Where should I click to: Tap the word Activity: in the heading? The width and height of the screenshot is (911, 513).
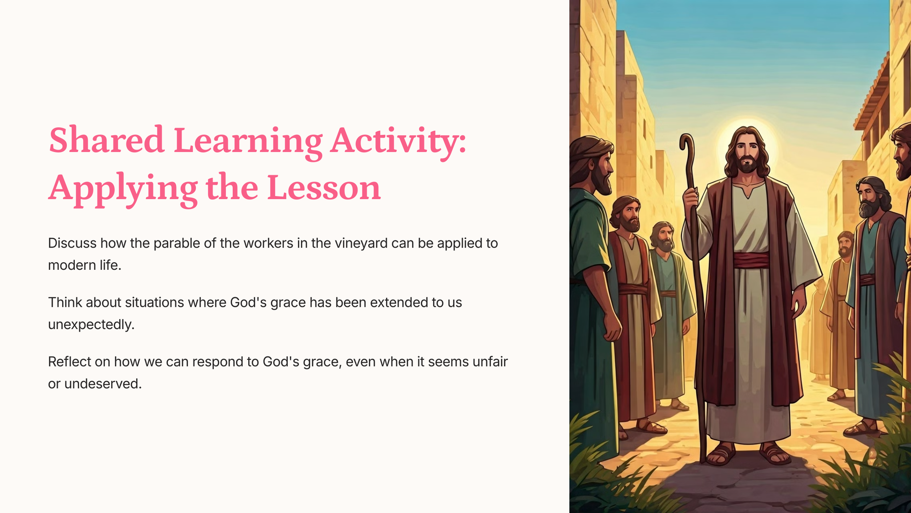click(x=398, y=142)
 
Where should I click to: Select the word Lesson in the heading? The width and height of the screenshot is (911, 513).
click(x=324, y=187)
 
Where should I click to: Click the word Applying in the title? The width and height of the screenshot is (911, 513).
click(x=123, y=189)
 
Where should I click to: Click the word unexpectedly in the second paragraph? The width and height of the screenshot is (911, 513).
click(x=91, y=325)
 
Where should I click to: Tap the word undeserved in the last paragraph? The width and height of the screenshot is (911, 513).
click(x=103, y=384)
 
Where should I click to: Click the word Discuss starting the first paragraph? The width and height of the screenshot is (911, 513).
click(x=72, y=243)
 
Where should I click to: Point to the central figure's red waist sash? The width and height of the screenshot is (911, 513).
click(x=751, y=260)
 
